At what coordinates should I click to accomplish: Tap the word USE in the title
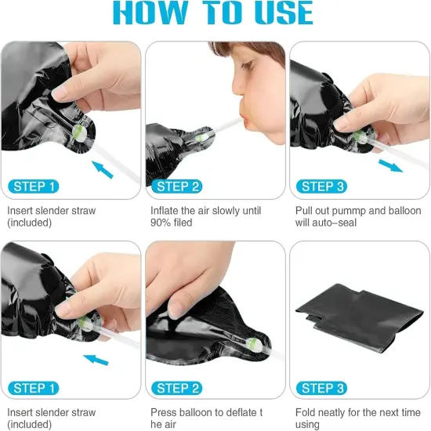click(x=284, y=12)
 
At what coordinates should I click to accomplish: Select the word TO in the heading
click(x=221, y=12)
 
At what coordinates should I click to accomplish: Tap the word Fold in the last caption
click(x=304, y=412)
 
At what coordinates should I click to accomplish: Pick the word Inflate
click(x=165, y=211)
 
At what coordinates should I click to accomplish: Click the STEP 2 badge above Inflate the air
click(x=177, y=187)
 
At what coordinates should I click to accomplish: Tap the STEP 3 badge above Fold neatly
click(x=321, y=388)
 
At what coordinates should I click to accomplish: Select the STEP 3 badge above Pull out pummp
click(x=321, y=187)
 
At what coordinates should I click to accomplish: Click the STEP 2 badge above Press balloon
click(x=177, y=388)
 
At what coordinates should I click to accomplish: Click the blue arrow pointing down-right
click(x=390, y=166)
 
